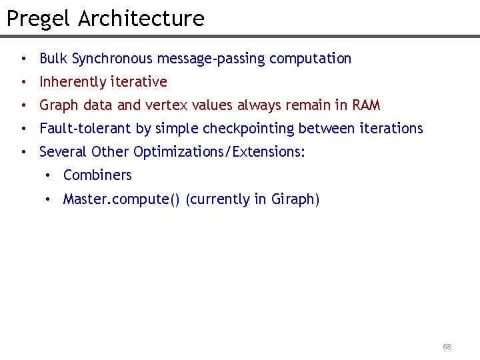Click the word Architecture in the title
(141, 19)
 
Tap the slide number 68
(447, 347)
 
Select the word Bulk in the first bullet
(53, 59)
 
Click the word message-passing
(210, 59)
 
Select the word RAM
(366, 105)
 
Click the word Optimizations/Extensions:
(219, 152)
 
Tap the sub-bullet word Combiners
(97, 175)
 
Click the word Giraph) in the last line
(295, 199)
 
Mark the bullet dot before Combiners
(48, 176)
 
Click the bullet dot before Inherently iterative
(24, 83)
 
